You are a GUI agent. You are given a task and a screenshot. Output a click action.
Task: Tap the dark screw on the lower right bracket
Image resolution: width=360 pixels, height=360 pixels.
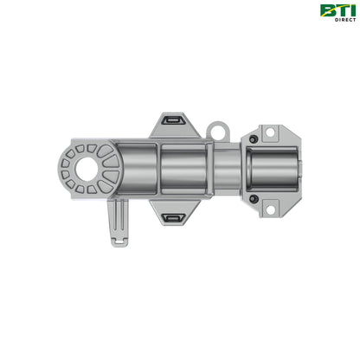point(252,199)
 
